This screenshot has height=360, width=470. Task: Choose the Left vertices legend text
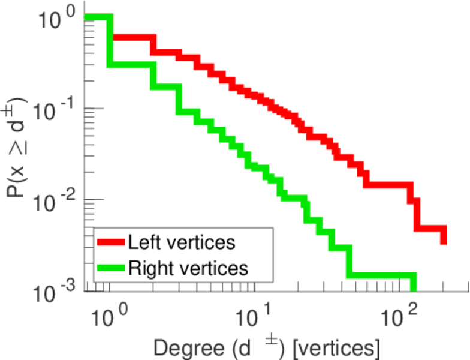[182, 242]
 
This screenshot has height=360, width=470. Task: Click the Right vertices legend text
[188, 268]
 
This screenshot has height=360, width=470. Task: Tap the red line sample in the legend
[112, 242]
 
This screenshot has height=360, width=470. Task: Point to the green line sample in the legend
[112, 268]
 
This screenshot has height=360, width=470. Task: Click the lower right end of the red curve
[444, 241]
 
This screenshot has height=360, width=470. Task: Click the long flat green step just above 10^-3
[381, 276]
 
